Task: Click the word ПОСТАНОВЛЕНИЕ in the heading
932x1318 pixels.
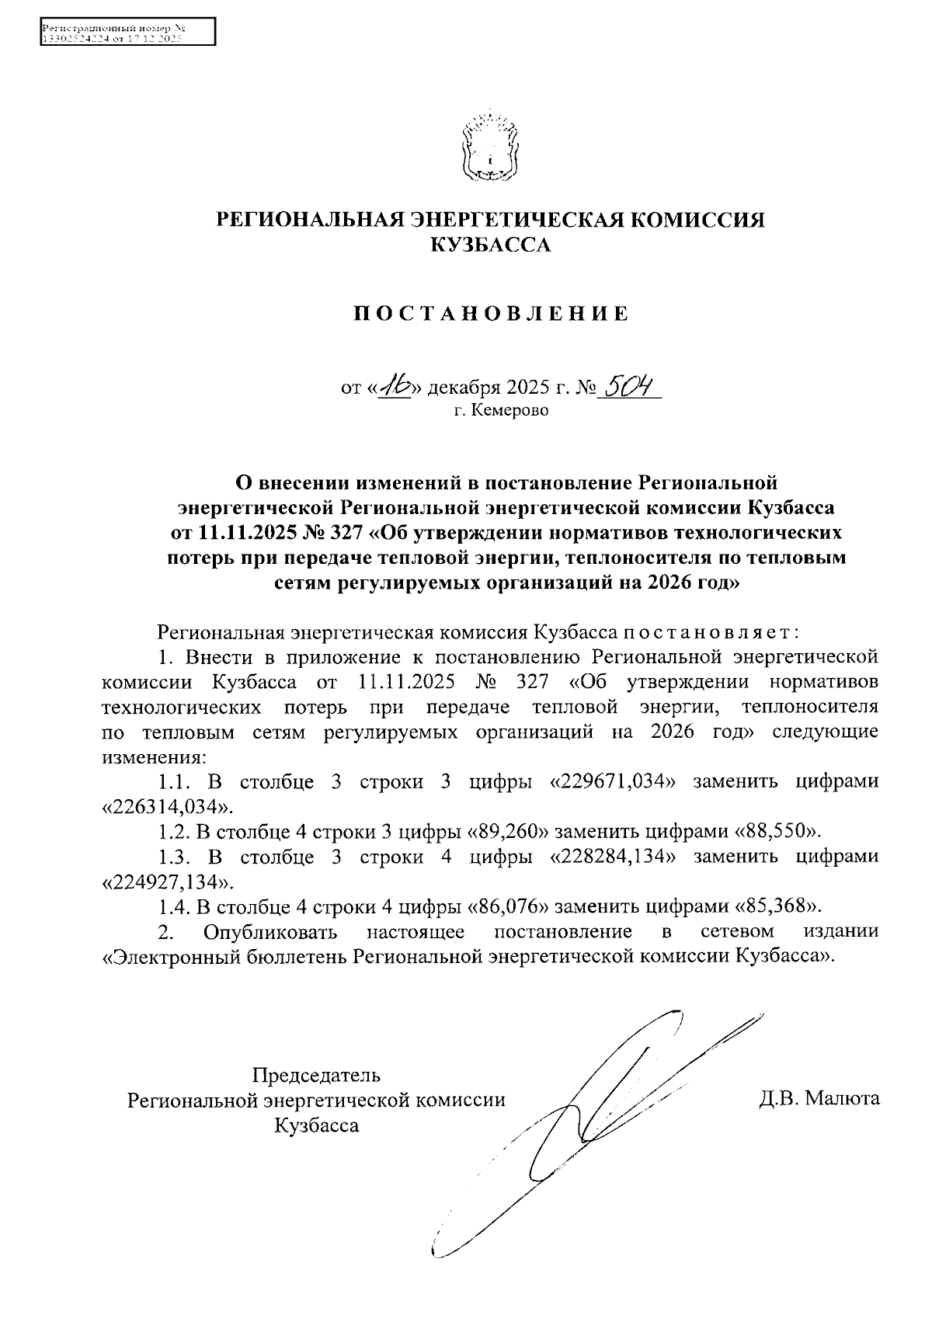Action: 491,315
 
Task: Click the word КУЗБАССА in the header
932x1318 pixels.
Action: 490,246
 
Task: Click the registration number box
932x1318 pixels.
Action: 127,33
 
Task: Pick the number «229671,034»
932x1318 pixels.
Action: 610,781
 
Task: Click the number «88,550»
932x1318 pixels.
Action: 777,832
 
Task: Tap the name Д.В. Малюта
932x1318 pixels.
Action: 819,1099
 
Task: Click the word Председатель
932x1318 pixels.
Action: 316,1076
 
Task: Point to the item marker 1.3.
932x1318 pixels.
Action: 175,857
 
